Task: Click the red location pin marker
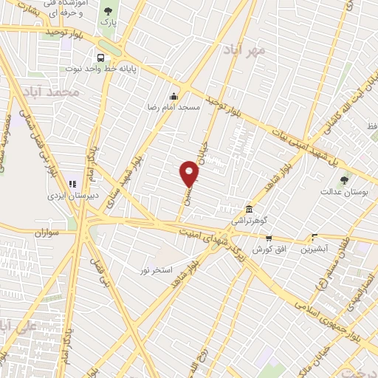pyautogui.click(x=190, y=174)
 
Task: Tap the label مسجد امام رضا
pyautogui.click(x=173, y=107)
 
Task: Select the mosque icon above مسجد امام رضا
pyautogui.click(x=173, y=96)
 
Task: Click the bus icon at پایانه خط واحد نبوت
pyautogui.click(x=100, y=58)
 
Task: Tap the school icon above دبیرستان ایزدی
pyautogui.click(x=72, y=184)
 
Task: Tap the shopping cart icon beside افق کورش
pyautogui.click(x=268, y=238)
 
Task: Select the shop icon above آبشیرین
pyautogui.click(x=315, y=238)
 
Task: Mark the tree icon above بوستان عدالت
pyautogui.click(x=344, y=179)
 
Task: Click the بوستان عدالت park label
pyautogui.click(x=339, y=192)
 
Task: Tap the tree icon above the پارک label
pyautogui.click(x=109, y=10)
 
